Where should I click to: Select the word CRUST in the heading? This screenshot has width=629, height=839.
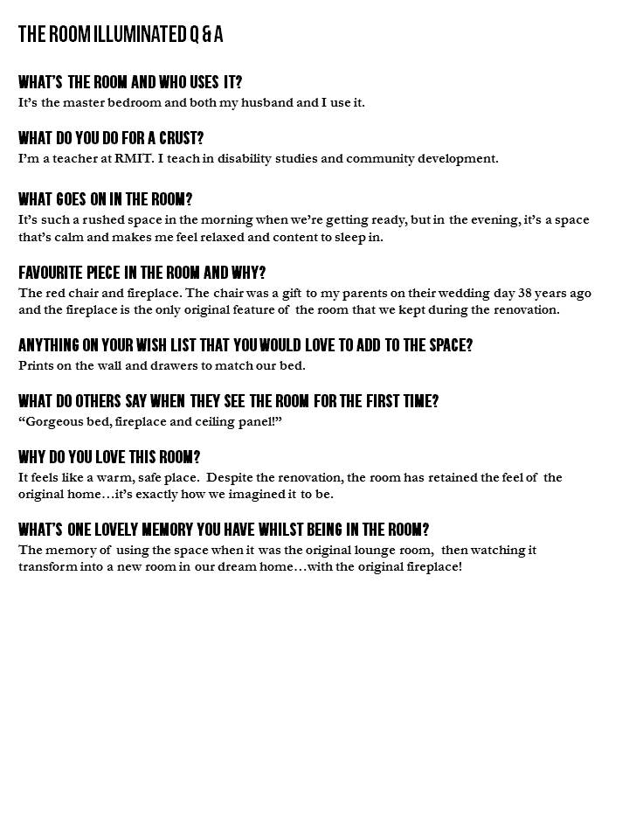[x=183, y=138]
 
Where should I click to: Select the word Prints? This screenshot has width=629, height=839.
[x=36, y=365]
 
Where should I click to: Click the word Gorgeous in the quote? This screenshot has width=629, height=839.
[x=55, y=421]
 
